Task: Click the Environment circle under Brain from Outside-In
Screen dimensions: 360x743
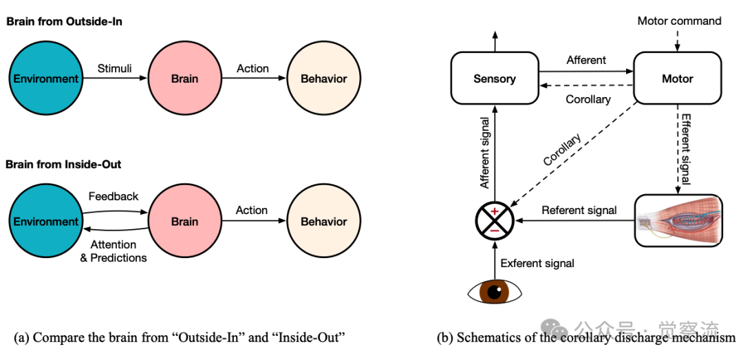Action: [46, 78]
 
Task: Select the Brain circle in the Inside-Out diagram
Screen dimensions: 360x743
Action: [184, 222]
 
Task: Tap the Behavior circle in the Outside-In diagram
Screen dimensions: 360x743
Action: [323, 78]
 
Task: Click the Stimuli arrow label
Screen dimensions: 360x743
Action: [114, 68]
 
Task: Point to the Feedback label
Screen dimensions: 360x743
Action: [114, 197]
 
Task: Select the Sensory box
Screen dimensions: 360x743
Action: [494, 78]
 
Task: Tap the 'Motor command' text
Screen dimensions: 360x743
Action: [679, 21]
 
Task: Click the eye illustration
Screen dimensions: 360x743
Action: [494, 291]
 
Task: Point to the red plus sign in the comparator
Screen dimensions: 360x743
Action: [494, 210]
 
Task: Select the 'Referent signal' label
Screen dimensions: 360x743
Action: [579, 211]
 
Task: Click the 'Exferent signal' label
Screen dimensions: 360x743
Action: [537, 263]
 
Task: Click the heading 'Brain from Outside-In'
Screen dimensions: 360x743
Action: [64, 21]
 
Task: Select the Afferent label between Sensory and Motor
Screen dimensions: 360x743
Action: [586, 61]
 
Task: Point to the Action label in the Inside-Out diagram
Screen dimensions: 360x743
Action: [252, 211]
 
